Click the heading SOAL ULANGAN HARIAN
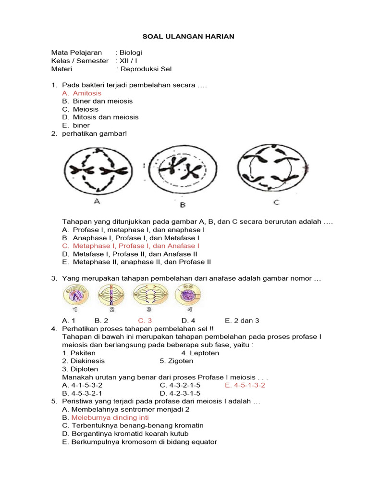184,37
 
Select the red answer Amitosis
87,93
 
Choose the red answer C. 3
145,320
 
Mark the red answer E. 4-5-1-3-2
245,386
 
